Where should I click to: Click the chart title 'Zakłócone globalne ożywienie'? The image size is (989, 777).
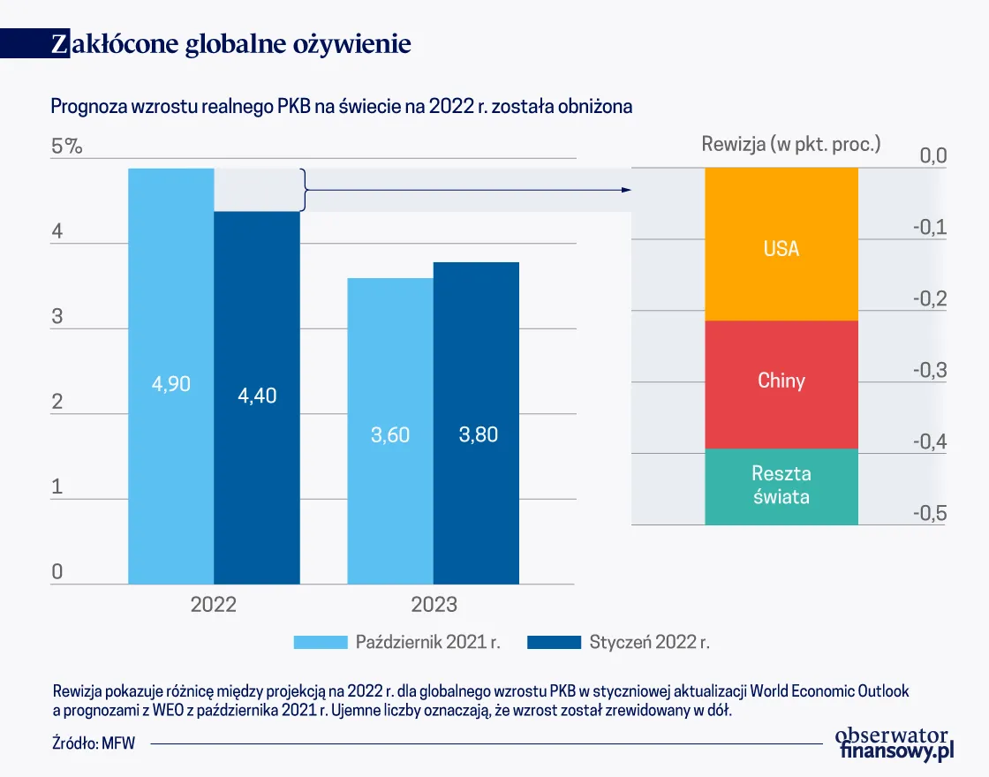coord(231,44)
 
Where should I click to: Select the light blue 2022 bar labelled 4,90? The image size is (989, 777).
coord(171,375)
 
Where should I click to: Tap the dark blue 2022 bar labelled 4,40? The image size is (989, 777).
coord(257,397)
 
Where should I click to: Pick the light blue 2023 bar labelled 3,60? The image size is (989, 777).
coord(390,431)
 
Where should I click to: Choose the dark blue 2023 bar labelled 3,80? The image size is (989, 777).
coord(477,424)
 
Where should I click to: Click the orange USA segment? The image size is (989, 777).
coord(781,245)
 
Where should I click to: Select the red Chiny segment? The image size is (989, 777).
coord(781,384)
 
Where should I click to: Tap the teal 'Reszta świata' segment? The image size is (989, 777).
coord(781,487)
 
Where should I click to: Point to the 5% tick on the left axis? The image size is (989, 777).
coord(66,147)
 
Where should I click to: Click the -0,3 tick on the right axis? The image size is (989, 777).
coord(928,370)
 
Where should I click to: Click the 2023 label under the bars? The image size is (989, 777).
coord(434,605)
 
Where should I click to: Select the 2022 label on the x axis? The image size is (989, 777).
coord(214,605)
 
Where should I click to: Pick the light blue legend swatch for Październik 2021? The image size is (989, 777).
coord(319,642)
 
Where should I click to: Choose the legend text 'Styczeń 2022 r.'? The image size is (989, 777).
coord(649,642)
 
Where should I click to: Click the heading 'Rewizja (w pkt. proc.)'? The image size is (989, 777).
coord(791,144)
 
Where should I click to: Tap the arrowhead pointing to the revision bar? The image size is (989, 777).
coord(627,190)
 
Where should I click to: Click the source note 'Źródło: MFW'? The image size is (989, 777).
coord(94,743)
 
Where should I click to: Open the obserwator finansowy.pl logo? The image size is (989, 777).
coord(894,743)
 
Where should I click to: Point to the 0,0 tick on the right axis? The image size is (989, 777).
coord(933,156)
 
